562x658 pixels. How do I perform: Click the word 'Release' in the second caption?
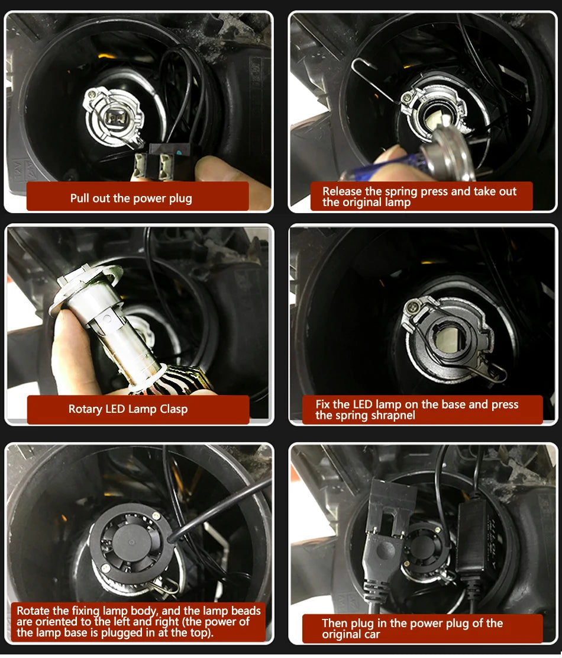tap(344, 191)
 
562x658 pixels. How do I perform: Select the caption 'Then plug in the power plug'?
tap(412, 623)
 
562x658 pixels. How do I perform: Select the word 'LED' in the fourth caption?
tap(362, 405)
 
